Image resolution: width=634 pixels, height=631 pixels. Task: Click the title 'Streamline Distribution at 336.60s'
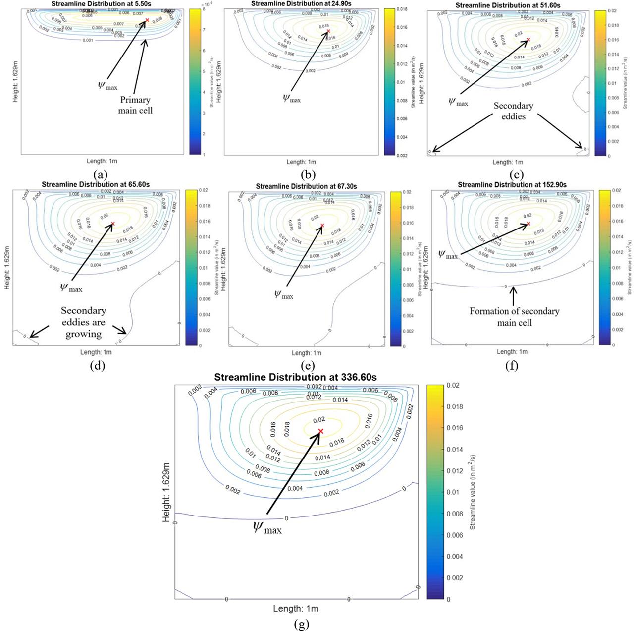pos(295,377)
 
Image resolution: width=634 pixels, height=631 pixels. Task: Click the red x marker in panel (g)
pos(320,431)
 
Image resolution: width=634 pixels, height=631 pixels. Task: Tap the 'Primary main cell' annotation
pos(135,105)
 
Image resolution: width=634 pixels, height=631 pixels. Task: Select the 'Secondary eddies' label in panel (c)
pos(513,111)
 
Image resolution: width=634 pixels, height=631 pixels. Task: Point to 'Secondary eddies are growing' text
pos(83,322)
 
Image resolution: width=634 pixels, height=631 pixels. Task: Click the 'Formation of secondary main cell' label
pos(514,317)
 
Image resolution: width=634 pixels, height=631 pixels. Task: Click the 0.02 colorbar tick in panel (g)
pos(453,385)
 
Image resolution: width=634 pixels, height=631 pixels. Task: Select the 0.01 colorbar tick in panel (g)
pos(453,492)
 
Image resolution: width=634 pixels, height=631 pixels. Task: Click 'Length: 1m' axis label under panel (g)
pos(296,608)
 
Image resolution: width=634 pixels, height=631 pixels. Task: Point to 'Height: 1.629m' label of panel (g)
pos(166,492)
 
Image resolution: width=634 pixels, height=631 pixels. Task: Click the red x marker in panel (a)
pos(147,20)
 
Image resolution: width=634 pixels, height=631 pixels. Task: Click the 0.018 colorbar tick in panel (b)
pos(402,9)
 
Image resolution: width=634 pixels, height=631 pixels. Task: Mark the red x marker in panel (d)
pos(113,224)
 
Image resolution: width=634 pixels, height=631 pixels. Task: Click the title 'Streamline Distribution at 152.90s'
pos(512,184)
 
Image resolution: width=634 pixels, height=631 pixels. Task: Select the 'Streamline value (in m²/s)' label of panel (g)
pos(473,492)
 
